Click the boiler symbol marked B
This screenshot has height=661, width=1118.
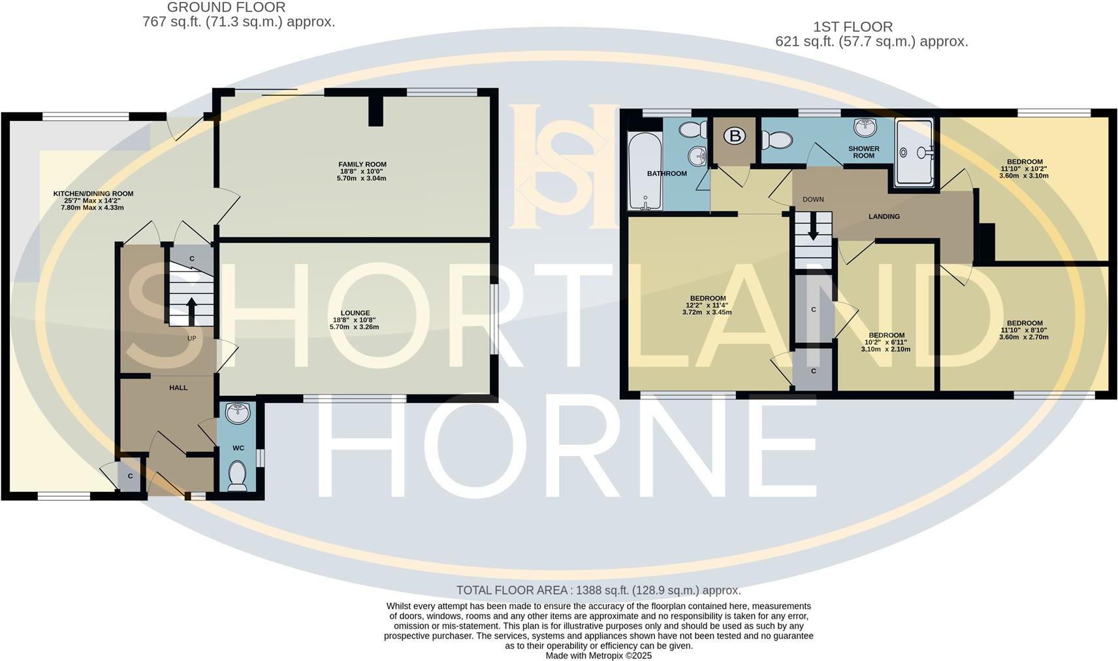pos(735,136)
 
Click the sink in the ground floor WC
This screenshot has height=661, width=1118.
pos(238,413)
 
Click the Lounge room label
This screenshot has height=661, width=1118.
pos(355,313)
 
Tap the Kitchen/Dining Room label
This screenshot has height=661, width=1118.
pos(93,194)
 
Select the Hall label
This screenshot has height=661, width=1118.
pos(178,387)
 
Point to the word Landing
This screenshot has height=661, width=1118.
pos(884,216)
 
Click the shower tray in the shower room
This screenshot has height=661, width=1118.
pos(915,153)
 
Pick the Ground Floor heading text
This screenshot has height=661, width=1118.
pos(226,8)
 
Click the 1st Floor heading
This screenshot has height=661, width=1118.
pos(852,27)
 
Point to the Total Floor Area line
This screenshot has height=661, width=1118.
pos(598,590)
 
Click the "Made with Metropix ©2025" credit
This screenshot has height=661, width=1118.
pos(598,655)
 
